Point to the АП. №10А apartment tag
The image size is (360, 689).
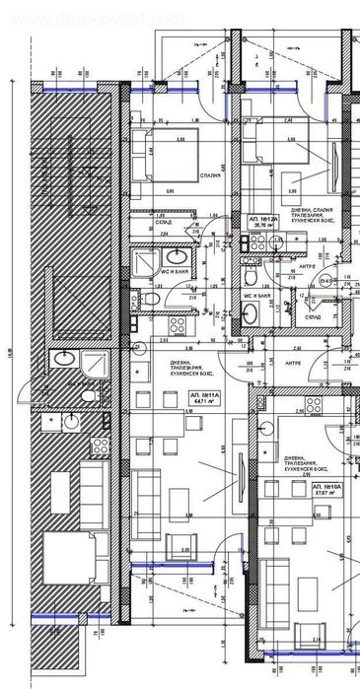pos(325,488)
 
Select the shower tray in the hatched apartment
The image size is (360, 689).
pos(96,363)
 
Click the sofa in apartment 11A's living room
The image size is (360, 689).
pos(147,484)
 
